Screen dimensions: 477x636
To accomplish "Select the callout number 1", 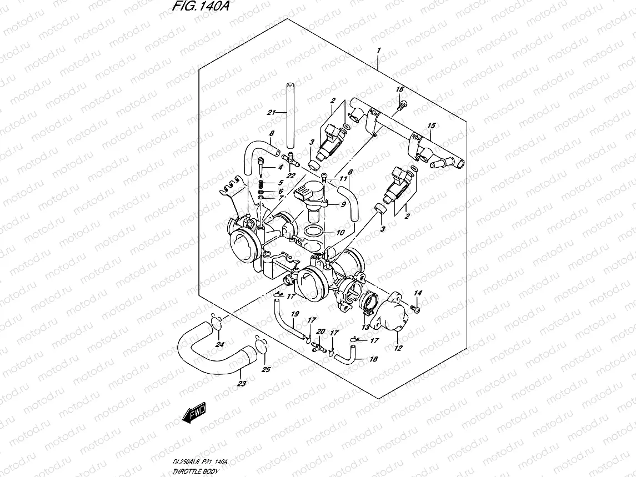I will point(378,51).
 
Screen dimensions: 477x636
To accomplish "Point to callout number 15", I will point(430,125).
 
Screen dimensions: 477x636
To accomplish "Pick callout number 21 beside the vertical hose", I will point(271,113).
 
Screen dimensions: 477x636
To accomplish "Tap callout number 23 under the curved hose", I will point(241,383).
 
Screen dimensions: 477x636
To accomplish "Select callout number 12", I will point(398,349).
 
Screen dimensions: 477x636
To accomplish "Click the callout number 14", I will point(418,293).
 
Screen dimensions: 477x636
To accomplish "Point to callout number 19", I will point(294,314).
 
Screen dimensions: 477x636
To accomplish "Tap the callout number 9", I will point(343,204).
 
